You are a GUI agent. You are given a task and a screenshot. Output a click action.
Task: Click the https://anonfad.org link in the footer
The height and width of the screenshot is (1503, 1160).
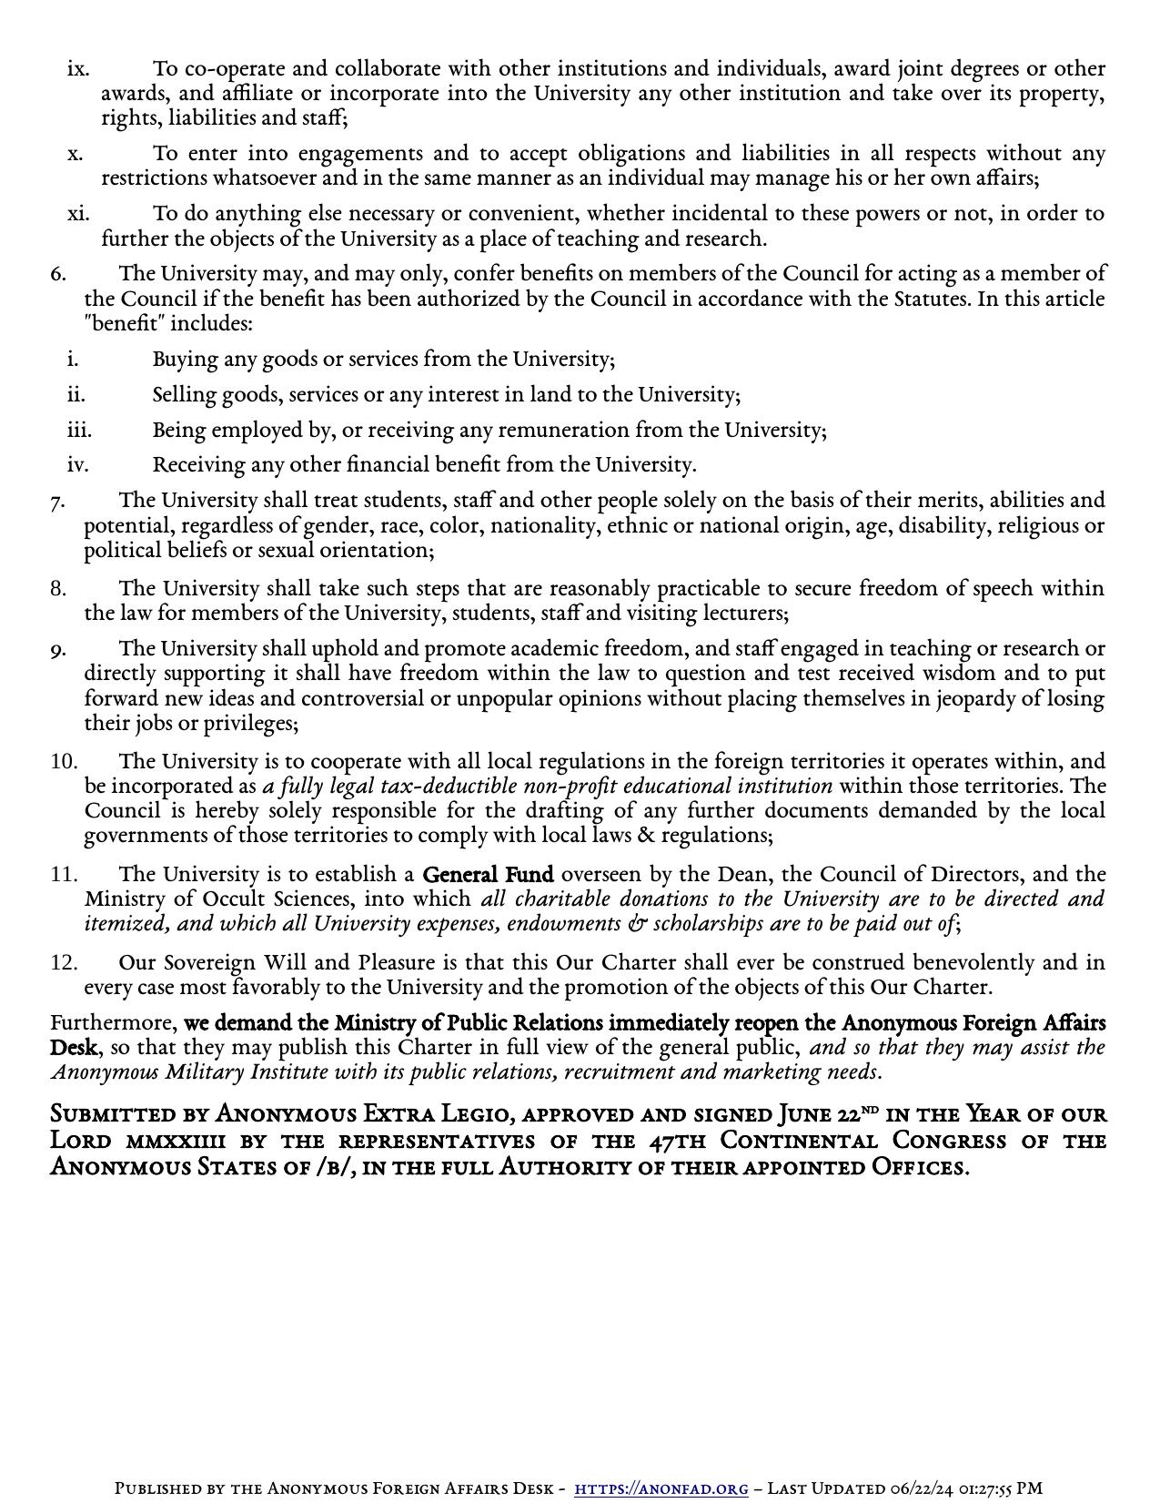tap(661, 1488)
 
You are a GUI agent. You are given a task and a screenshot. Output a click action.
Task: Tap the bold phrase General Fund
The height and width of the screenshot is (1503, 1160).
tap(488, 875)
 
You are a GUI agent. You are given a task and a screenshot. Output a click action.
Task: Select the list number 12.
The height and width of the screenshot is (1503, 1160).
tap(64, 962)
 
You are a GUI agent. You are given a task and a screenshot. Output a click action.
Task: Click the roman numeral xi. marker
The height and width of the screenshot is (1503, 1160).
tap(78, 213)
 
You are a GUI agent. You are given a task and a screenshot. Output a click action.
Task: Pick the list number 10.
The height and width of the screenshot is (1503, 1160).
tap(64, 761)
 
